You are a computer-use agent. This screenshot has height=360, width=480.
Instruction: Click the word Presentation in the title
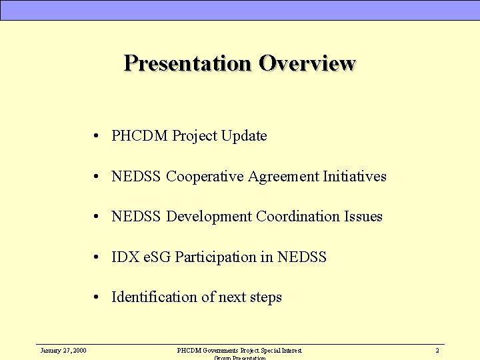[188, 63]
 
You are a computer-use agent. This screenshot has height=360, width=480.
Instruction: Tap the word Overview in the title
[307, 63]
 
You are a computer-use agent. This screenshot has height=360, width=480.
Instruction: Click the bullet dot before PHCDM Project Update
[97, 137]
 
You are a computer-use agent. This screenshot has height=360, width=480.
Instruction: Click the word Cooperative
[205, 177]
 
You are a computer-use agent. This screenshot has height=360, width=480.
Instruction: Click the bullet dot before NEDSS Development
[97, 217]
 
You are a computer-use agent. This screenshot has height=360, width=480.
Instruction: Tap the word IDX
[125, 257]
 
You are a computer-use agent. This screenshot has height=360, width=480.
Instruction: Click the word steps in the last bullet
[265, 297]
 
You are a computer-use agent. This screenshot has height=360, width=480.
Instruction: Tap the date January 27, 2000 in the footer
[63, 350]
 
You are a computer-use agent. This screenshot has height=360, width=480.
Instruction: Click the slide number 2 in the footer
[437, 350]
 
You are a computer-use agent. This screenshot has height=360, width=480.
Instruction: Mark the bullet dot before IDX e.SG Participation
[97, 257]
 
